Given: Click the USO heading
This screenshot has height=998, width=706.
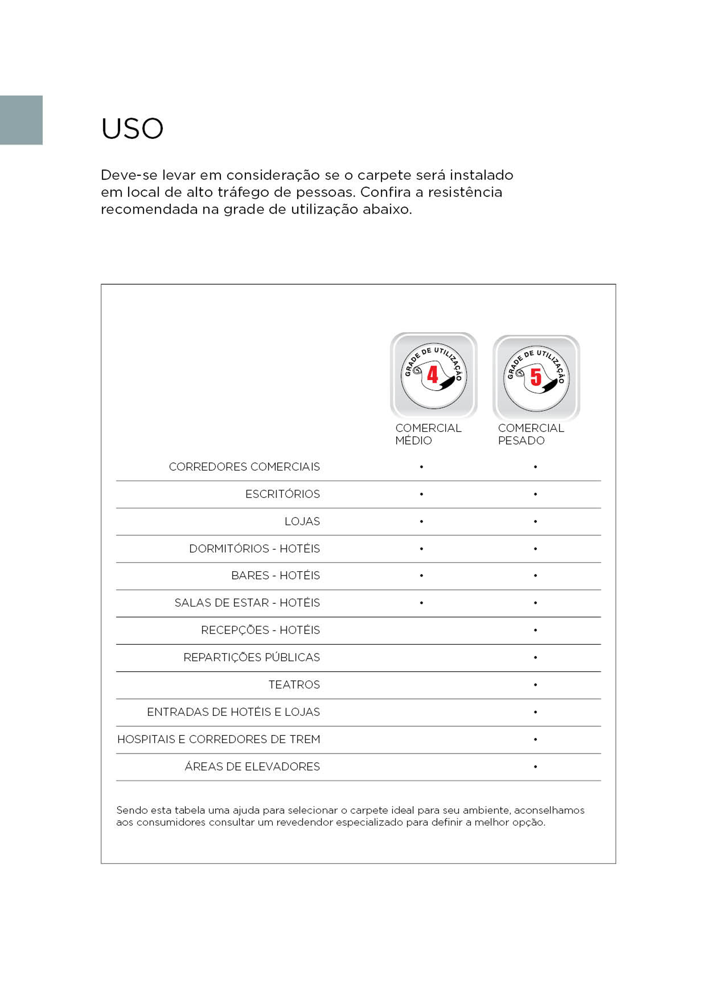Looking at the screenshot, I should [x=132, y=129].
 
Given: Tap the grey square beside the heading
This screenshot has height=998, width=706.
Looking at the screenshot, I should [x=21, y=120].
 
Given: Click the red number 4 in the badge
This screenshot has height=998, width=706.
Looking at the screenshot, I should [x=433, y=374].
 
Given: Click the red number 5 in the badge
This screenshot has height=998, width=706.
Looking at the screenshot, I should [x=536, y=377].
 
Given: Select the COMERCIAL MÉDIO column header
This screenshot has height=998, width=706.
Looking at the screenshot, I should [x=427, y=434].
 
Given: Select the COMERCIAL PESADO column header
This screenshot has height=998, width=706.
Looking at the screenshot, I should [x=530, y=434].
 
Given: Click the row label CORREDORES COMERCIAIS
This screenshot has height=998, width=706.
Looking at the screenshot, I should [x=244, y=467].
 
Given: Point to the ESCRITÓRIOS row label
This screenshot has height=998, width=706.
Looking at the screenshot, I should [x=282, y=494].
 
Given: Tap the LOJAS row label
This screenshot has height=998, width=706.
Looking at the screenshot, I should [x=302, y=521].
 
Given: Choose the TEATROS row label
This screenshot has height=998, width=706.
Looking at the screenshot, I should [x=294, y=685].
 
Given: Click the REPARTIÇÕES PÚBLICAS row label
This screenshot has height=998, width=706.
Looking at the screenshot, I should [x=251, y=657].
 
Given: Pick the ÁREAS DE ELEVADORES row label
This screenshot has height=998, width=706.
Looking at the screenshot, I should [x=252, y=767].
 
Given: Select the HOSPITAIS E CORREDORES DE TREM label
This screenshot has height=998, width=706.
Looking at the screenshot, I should [x=219, y=739].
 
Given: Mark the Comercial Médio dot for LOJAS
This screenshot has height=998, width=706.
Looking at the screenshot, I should [x=421, y=521].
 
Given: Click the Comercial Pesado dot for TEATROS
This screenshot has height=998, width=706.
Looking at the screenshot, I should [x=535, y=685].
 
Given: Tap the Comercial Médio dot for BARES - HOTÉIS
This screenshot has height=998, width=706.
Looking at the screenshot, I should [x=421, y=576].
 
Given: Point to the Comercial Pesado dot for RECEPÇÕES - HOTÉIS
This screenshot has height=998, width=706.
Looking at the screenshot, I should [x=535, y=630].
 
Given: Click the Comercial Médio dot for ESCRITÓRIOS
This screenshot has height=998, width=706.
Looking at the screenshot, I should [x=421, y=494].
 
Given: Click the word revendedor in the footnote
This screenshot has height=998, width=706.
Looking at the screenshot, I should [x=304, y=822].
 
